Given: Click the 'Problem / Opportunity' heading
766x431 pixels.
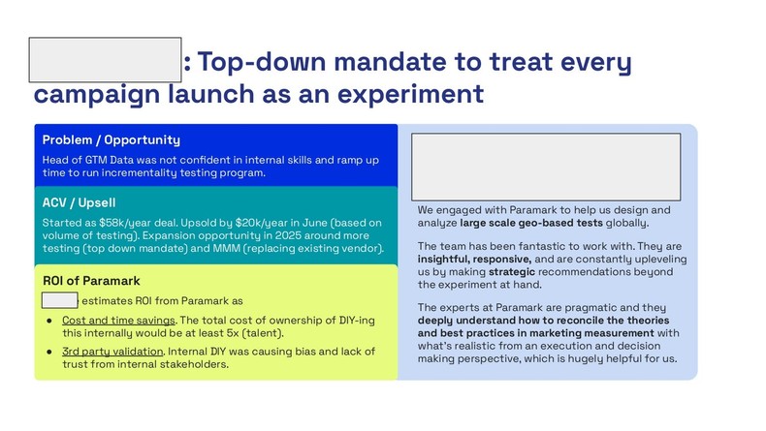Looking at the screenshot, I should pos(111,140).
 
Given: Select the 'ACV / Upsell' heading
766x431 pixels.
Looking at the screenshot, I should pos(80,202).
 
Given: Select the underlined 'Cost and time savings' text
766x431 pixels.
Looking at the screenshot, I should pos(117,320).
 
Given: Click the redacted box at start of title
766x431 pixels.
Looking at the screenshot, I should pos(106,60).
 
